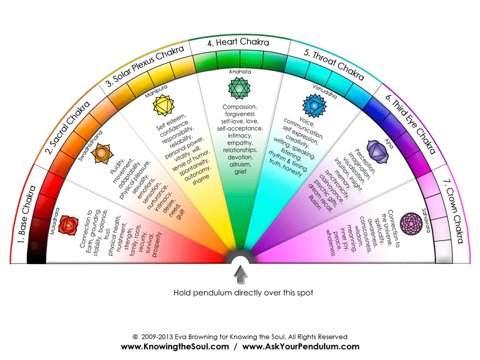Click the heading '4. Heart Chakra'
point(239,43)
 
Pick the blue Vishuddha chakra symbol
point(313,107)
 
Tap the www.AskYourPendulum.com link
point(301,347)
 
